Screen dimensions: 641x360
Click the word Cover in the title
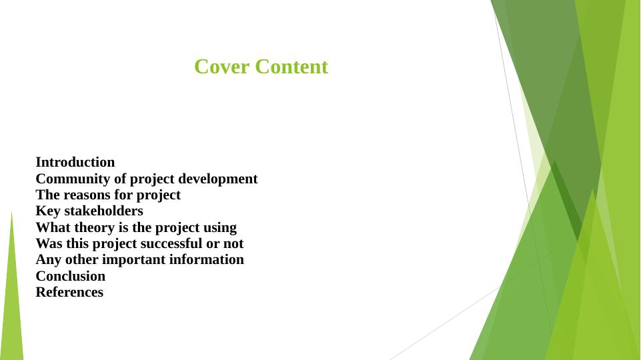(x=221, y=67)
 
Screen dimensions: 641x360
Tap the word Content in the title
(x=291, y=67)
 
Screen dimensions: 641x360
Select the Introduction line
(x=75, y=162)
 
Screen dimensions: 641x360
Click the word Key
(x=48, y=211)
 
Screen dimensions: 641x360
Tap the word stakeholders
(x=104, y=211)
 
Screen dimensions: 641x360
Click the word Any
(x=48, y=260)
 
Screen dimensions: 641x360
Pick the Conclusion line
(x=70, y=276)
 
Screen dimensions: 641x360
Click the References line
(x=69, y=292)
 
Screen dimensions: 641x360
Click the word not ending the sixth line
(x=233, y=244)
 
